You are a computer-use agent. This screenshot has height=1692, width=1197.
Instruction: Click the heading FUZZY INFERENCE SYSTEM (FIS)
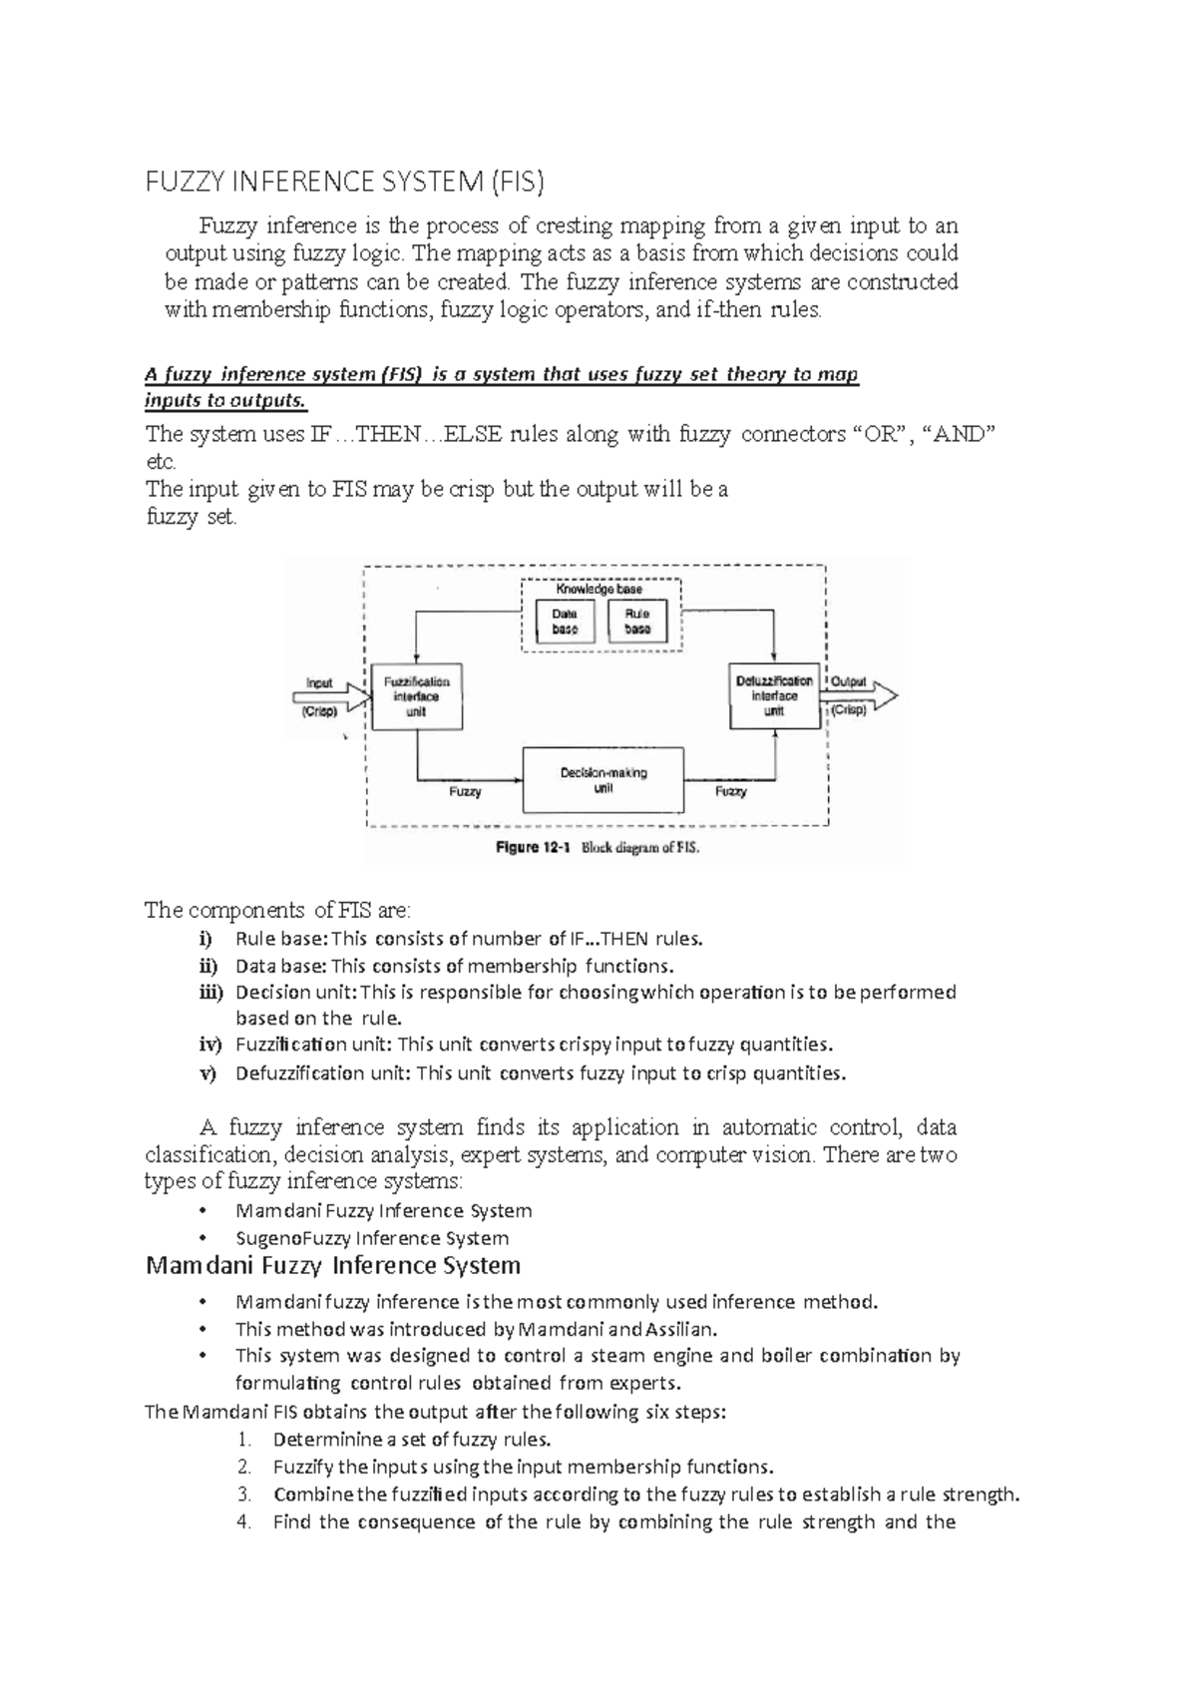pyautogui.click(x=345, y=184)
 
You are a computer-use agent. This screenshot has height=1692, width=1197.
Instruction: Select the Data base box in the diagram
pyautogui.click(x=565, y=622)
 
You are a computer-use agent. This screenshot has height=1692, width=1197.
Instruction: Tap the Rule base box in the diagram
pyautogui.click(x=637, y=622)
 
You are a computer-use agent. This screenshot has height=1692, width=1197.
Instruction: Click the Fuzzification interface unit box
pyautogui.click(x=417, y=696)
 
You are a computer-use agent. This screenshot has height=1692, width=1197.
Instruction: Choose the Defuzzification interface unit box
pyautogui.click(x=774, y=696)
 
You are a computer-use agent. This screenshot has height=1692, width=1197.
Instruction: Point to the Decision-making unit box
pyautogui.click(x=603, y=780)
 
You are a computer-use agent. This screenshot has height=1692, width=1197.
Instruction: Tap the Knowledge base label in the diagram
pyautogui.click(x=599, y=590)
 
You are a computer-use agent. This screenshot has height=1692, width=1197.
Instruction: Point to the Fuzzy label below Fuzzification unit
pyautogui.click(x=465, y=792)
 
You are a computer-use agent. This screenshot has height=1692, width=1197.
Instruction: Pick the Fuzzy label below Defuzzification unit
pyautogui.click(x=730, y=791)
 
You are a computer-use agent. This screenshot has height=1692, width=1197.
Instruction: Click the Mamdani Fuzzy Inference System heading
pyautogui.click(x=333, y=1266)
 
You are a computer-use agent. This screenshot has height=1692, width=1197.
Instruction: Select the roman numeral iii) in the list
pyautogui.click(x=205, y=993)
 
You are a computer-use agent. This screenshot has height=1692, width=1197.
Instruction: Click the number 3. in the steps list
pyautogui.click(x=245, y=1494)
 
